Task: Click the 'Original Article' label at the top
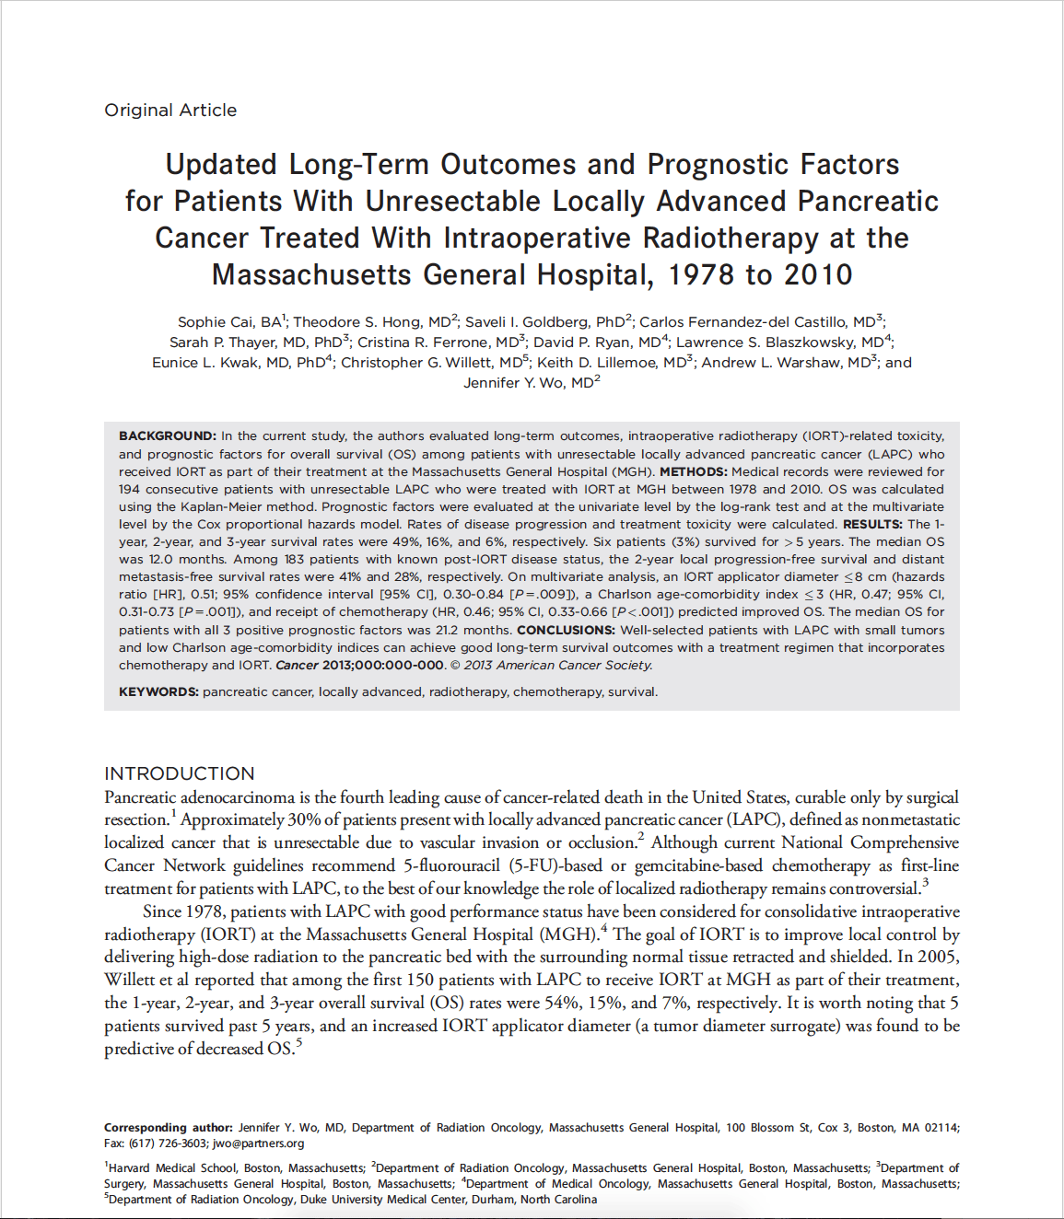170,110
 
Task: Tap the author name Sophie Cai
216,322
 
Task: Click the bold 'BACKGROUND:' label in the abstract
168,436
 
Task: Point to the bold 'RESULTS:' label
872,524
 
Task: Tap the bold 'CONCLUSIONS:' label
566,630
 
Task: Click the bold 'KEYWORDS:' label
158,692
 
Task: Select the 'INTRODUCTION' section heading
180,774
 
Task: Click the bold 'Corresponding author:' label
169,1128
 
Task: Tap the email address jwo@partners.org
258,1144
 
